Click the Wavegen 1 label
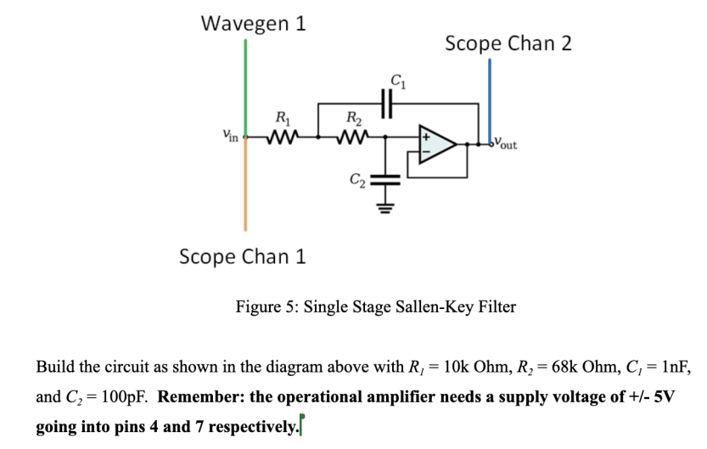click(253, 23)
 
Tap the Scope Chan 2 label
click(508, 43)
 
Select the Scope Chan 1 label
click(243, 255)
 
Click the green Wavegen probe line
click(245, 85)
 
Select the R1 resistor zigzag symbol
click(280, 136)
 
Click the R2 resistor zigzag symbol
click(351, 136)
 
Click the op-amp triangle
click(439, 143)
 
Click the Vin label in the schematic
click(228, 135)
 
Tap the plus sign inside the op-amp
click(429, 137)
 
